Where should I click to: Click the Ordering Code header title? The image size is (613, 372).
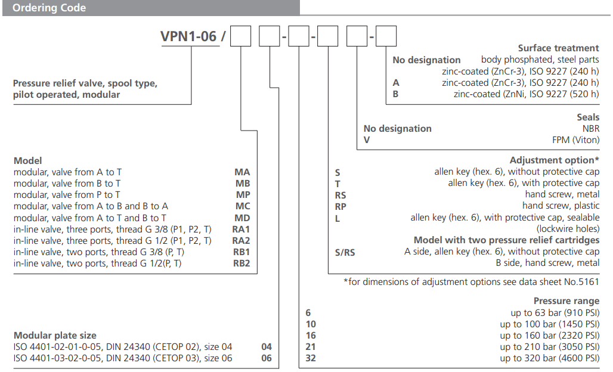coord(49,8)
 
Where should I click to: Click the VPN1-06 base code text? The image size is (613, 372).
coord(188,37)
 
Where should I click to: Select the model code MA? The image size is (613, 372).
coord(242,172)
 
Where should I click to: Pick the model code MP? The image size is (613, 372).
coord(242,195)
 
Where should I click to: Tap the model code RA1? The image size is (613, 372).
coord(241,229)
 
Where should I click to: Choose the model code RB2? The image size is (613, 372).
coord(241,263)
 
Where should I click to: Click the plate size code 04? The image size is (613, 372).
coord(267,347)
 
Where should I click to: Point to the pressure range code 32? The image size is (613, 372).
coord(310,358)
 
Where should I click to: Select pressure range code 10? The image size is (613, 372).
coord(310,324)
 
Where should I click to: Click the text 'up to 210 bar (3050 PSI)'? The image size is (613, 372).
coord(549,347)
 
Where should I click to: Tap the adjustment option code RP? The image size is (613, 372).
coord(340,206)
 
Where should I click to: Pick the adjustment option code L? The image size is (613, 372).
coord(338,218)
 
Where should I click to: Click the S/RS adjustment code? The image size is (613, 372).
coord(345,252)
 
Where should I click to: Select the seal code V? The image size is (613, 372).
coord(367,140)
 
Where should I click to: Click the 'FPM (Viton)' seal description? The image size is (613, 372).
coord(575,140)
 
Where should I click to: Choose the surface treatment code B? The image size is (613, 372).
coord(396,94)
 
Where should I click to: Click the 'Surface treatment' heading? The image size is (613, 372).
coord(558,48)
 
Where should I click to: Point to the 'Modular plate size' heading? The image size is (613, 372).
coord(55,336)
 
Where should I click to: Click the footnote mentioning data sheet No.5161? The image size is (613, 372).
coord(471,282)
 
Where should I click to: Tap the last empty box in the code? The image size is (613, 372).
coord(386,37)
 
